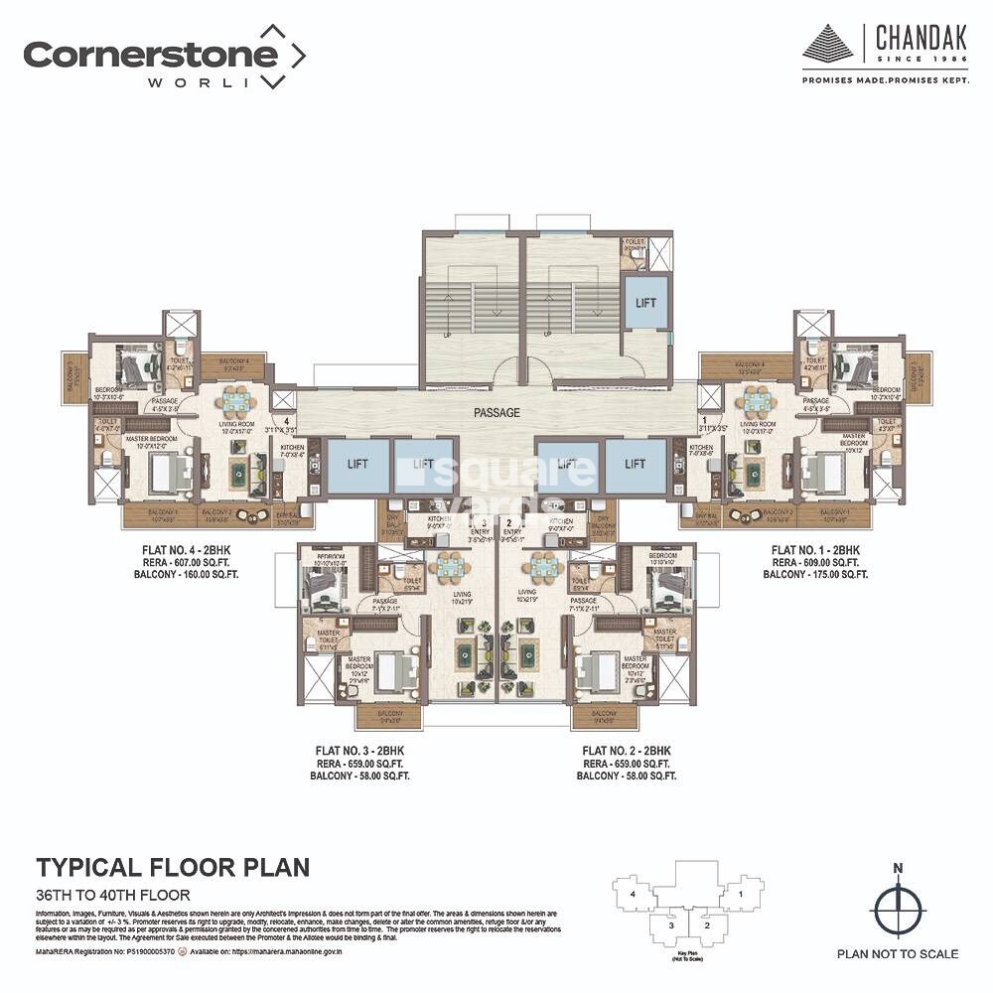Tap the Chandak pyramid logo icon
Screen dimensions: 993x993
(x=828, y=44)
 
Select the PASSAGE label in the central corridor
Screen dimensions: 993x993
(x=496, y=412)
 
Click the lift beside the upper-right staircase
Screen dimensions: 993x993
(x=645, y=302)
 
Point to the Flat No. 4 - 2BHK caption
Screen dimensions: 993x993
(x=193, y=549)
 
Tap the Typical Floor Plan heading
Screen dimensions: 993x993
(x=173, y=867)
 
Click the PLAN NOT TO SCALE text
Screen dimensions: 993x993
(x=898, y=954)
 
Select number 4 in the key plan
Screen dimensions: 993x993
(x=633, y=895)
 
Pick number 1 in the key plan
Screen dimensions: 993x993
(x=742, y=895)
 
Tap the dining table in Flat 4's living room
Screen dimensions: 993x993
(x=237, y=402)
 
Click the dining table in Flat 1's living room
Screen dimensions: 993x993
(x=757, y=402)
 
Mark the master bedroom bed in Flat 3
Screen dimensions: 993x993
(x=381, y=672)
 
